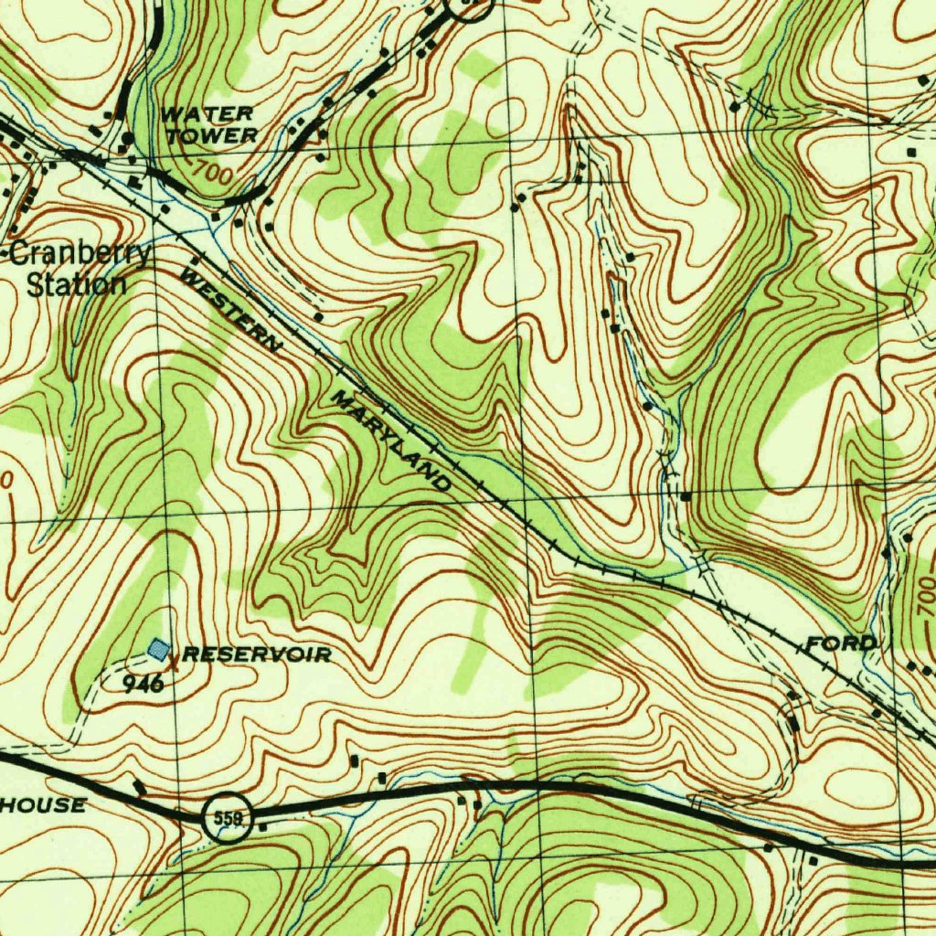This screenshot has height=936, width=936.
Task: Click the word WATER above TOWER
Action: click(x=207, y=114)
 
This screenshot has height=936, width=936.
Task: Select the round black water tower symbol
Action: click(x=128, y=138)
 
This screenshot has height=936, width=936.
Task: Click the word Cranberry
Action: click(x=80, y=253)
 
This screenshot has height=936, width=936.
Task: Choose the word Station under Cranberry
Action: click(x=77, y=283)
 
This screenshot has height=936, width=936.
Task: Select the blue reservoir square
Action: click(x=159, y=649)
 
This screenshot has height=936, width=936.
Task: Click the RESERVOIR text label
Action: click(x=257, y=654)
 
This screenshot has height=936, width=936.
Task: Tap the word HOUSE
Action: click(x=44, y=805)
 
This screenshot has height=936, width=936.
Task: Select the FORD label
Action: click(x=840, y=643)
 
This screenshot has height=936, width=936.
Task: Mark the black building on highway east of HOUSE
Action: click(x=139, y=786)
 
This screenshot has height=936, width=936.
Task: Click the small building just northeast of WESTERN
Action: click(x=318, y=316)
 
